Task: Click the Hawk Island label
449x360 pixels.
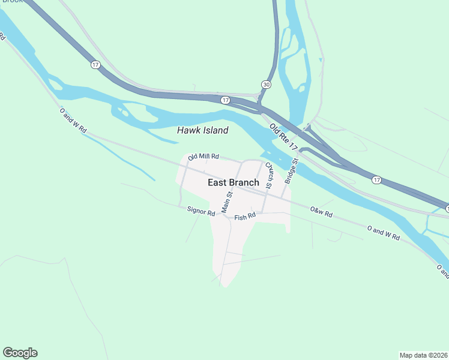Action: click(202, 130)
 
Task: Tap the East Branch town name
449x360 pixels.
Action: click(234, 182)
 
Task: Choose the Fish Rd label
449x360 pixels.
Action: click(245, 216)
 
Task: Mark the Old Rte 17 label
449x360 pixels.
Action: click(283, 137)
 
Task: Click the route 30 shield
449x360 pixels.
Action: click(266, 85)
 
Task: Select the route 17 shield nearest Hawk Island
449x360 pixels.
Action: click(224, 100)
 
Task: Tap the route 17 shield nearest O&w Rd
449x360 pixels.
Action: click(376, 179)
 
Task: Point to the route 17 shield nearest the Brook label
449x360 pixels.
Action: click(95, 65)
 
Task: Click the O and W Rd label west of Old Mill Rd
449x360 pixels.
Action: click(73, 120)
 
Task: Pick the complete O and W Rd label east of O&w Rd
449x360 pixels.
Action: click(383, 233)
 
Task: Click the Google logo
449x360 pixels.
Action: click(20, 353)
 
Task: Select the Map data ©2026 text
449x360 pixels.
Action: click(423, 355)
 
